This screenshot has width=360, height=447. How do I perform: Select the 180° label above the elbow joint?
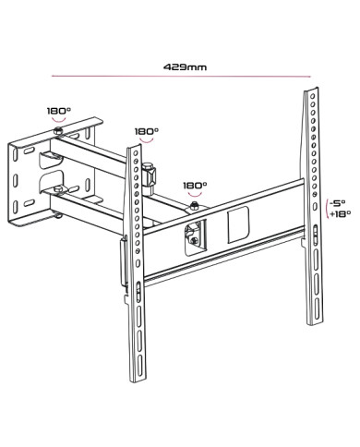click(x=146, y=132)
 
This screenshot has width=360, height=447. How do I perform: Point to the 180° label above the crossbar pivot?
click(x=195, y=185)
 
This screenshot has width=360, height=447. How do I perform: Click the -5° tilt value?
click(x=338, y=202)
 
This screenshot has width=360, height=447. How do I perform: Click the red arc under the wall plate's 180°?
click(x=58, y=120)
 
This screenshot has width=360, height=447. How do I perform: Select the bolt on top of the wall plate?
click(x=58, y=134)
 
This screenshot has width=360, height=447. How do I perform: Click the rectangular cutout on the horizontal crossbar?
click(x=239, y=223)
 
